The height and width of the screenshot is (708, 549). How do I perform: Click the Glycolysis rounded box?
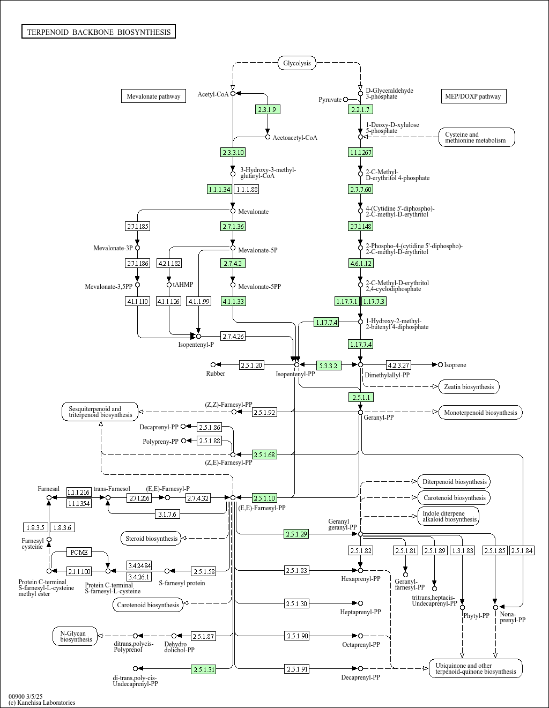[297, 63]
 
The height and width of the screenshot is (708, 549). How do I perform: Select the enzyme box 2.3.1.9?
[268, 109]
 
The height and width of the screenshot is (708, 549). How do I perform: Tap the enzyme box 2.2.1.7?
[360, 109]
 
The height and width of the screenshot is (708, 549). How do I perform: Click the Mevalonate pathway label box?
[153, 96]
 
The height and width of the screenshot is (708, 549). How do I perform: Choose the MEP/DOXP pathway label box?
[473, 96]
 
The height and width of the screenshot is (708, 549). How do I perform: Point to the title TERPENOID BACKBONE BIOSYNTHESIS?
[99, 32]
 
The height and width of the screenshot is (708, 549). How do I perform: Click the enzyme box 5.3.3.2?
[328, 366]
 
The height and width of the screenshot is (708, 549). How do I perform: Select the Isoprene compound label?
[455, 365]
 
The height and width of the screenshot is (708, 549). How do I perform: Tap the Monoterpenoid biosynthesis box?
[480, 413]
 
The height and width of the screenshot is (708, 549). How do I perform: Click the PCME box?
[79, 552]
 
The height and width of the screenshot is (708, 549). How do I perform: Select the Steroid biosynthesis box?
[151, 539]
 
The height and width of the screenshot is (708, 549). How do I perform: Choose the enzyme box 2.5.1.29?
[296, 534]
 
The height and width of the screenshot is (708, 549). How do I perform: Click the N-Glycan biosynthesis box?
[76, 636]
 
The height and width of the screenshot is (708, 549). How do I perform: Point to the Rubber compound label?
[216, 374]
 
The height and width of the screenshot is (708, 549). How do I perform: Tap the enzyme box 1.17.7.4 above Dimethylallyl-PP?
[360, 344]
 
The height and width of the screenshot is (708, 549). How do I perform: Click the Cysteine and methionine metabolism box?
[477, 138]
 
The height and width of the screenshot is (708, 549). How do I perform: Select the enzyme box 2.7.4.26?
[233, 337]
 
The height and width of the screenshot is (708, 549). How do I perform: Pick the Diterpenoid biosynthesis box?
[454, 482]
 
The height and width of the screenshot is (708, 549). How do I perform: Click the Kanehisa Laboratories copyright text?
[42, 703]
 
